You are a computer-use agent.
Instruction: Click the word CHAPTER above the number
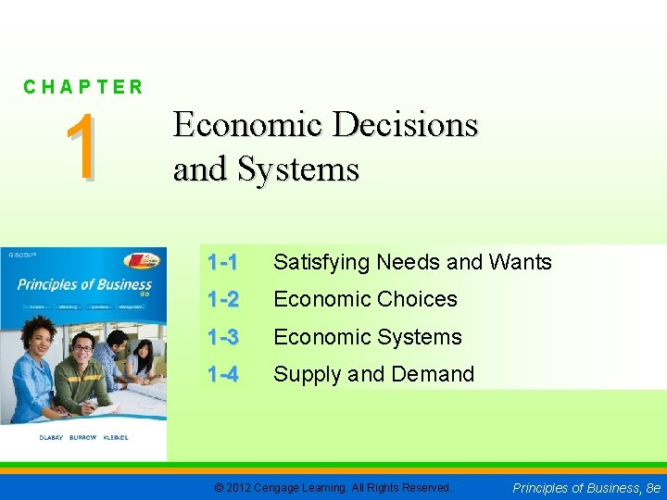(83, 87)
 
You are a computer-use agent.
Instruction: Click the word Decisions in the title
(406, 125)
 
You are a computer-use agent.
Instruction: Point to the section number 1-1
(223, 263)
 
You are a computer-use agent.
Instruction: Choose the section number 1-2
(223, 300)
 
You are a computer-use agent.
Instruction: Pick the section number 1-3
(223, 337)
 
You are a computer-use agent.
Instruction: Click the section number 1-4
(223, 375)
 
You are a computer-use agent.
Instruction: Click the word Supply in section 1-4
(307, 375)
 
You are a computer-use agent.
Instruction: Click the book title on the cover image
(83, 285)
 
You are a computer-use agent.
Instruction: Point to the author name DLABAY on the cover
(32, 437)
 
